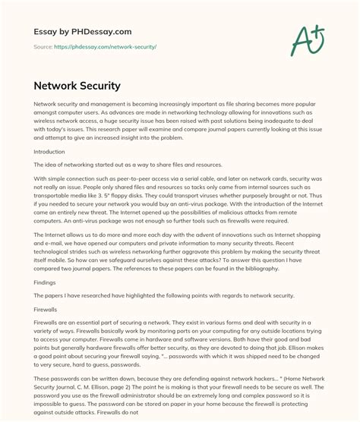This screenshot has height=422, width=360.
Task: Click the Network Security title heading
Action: [x=81, y=86]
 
